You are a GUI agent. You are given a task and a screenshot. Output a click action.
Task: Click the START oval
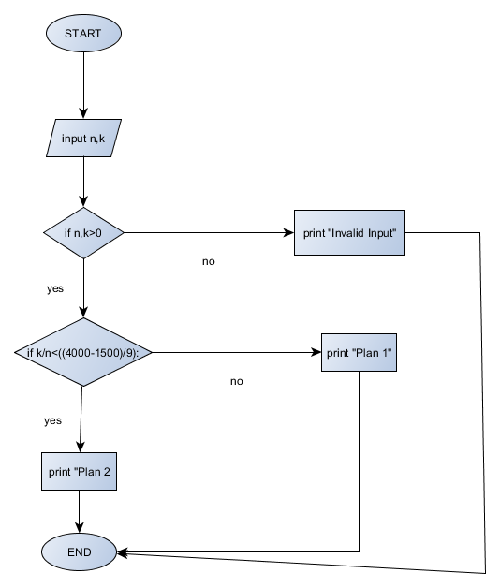83,34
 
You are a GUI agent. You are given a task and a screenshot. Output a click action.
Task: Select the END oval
80,552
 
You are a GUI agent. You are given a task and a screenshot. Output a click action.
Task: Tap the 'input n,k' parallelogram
83,139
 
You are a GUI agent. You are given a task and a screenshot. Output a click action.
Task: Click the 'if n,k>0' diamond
83,232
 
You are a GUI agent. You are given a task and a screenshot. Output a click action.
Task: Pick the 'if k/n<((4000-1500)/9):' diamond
83,352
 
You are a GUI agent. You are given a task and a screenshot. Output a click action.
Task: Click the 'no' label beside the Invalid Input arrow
208,261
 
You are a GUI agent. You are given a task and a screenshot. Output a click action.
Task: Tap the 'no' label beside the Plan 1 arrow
236,382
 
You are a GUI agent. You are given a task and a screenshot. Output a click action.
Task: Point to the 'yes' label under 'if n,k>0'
55,288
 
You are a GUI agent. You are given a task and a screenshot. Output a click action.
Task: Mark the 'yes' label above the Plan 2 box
52,420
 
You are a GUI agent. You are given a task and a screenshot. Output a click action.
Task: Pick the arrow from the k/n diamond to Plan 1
234,352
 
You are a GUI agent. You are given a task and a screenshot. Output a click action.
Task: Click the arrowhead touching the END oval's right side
123,552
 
